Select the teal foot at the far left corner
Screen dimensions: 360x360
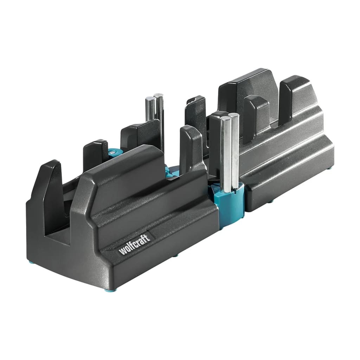(32, 262)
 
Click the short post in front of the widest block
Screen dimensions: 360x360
(256, 116)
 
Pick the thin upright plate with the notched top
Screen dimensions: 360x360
(196, 116)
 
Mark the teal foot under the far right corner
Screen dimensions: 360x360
(330, 168)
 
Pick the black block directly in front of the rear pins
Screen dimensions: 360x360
(141, 135)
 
